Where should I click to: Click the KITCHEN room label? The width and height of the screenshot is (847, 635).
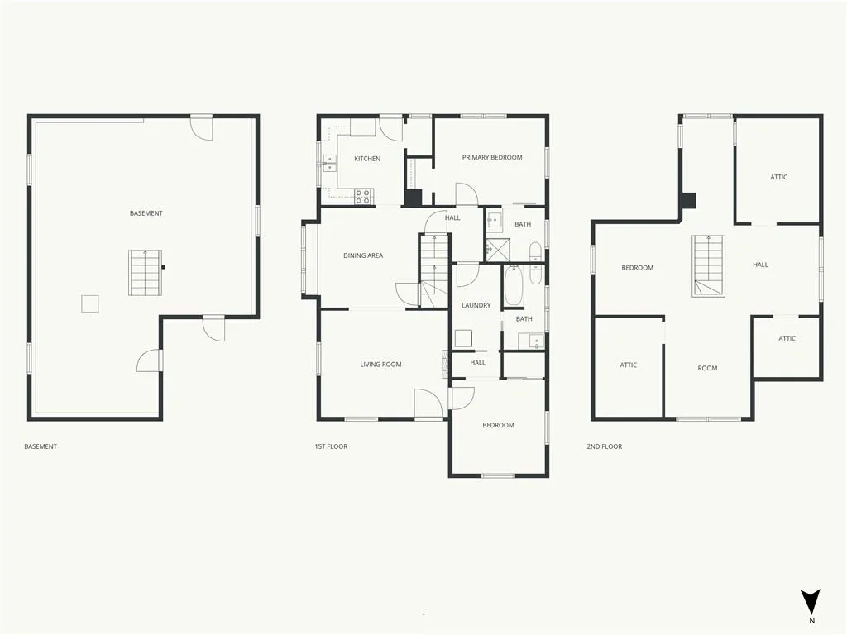[367, 159]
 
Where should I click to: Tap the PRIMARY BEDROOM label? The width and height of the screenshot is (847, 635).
[492, 158]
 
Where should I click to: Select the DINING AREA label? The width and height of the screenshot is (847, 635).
[363, 255]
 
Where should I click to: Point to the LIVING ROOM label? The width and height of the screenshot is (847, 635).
[380, 365]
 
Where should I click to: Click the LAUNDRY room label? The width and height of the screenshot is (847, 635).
[476, 305]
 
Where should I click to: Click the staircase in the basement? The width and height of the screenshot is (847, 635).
[146, 273]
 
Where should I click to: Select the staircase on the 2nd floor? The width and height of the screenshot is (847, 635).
[709, 265]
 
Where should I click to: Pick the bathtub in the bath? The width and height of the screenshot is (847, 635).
[513, 286]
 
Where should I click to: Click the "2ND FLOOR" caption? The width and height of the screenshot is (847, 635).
[605, 446]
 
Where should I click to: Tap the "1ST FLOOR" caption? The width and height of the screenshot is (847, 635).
[331, 446]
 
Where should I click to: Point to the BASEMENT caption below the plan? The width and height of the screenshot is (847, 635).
[41, 446]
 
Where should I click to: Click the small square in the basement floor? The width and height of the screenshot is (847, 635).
[90, 303]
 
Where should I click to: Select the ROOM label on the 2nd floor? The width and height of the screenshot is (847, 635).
[708, 368]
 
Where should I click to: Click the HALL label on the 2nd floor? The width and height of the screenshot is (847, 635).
[761, 265]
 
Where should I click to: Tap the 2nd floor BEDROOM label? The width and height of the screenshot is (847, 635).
[638, 268]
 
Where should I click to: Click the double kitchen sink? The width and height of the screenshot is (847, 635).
[329, 163]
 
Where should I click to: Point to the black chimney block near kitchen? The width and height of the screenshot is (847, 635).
[414, 198]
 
